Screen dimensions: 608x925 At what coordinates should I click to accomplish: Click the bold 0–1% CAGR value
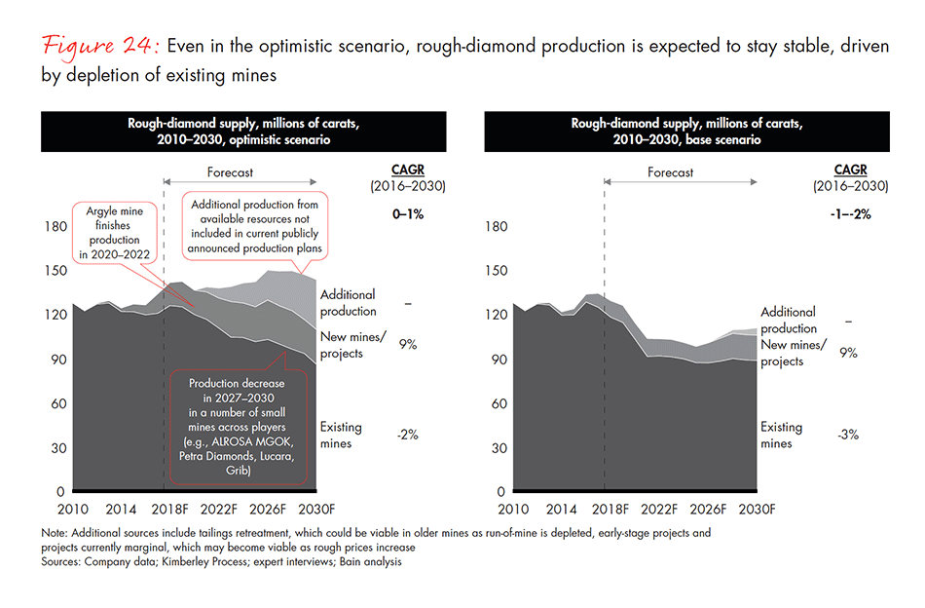click(x=408, y=214)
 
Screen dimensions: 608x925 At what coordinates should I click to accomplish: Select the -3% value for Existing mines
click(x=847, y=435)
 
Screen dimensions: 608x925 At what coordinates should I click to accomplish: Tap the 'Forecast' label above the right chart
click(x=670, y=172)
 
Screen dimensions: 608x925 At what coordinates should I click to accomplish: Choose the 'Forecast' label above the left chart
click(x=232, y=172)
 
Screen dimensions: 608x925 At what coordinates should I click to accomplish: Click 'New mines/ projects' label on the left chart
click(x=342, y=345)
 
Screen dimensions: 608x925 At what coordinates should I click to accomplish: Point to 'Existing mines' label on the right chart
click(x=781, y=435)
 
